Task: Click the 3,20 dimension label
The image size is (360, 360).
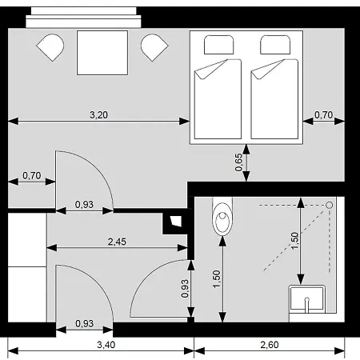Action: pos(98,115)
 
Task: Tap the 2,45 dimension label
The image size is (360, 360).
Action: pos(117,242)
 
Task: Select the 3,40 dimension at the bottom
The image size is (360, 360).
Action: pos(106,345)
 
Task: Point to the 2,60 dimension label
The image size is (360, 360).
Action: pos(270,345)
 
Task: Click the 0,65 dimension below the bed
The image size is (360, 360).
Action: pos(238,162)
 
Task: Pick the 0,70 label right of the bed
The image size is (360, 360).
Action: pos(323,115)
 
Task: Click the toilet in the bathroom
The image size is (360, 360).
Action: pos(222,217)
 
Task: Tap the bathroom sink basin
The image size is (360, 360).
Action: pos(307,299)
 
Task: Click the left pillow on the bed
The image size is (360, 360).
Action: pos(218,45)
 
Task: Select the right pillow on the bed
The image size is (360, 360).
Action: pos(275,45)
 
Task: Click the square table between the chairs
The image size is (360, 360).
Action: pos(102,53)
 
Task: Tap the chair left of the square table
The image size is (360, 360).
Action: pos(50,47)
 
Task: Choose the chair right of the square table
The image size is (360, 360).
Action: pos(154,47)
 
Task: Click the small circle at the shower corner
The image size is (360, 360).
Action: pos(330,205)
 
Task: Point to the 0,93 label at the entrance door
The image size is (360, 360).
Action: pos(84,323)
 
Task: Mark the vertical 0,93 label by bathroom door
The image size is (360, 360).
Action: pos(185,288)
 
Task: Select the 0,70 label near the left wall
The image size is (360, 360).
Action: pos(32,175)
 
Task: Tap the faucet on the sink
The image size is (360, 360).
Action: pos(307,305)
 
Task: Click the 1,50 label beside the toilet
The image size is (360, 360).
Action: pos(217,279)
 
